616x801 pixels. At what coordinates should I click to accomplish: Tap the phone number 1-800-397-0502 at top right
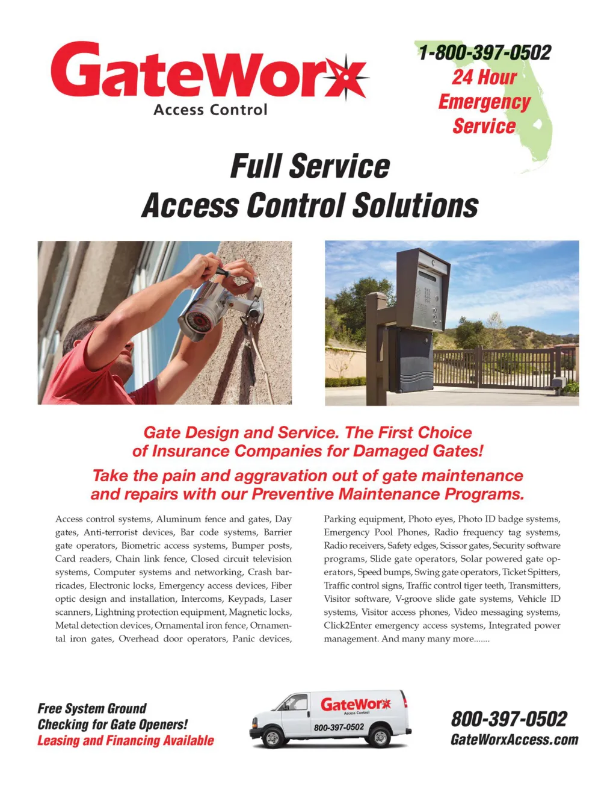coord(484,52)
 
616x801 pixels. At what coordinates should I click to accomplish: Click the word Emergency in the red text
coord(484,102)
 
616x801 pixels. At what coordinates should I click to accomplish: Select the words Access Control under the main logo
coord(210,110)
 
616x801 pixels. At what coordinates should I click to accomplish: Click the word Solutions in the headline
coord(415,205)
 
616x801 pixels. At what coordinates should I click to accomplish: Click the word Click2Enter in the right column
coord(347,625)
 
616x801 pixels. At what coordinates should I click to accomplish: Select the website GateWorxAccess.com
coord(514,740)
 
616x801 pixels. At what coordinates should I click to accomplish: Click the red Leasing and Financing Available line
coord(126,740)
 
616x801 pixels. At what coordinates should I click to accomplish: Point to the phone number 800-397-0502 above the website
coord(509,718)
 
